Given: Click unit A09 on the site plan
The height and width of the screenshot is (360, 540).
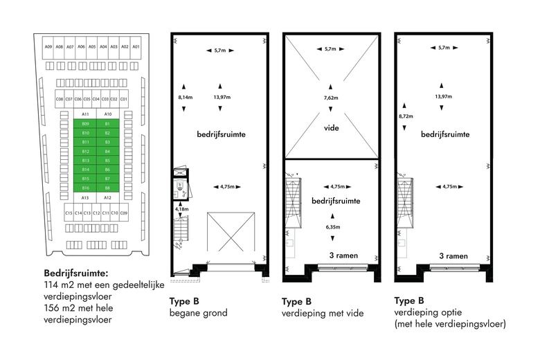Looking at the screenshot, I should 48,46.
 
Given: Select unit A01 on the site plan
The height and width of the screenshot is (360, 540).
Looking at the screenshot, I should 136,46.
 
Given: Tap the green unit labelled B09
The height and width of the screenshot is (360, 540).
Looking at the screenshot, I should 86,123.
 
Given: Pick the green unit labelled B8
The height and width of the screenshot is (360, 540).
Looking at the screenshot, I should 108,188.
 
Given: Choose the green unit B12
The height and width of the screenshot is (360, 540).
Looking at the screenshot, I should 86,151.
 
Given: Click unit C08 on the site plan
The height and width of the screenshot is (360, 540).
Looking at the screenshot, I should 60,99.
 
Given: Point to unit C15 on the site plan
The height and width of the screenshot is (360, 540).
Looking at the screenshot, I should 69,213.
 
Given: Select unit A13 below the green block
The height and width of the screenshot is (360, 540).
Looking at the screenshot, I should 86,197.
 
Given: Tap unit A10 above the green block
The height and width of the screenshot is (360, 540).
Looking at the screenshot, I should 108,114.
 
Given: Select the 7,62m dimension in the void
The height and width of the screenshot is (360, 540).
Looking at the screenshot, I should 331,98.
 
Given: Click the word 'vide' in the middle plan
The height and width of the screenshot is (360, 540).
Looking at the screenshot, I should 331,128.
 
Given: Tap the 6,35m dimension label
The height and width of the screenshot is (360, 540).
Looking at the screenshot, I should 331,226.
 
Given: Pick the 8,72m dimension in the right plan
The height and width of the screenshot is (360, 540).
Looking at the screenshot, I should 406,116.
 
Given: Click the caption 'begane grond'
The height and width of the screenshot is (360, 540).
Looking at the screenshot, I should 199,313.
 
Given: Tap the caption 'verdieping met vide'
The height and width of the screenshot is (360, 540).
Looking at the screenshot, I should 321,313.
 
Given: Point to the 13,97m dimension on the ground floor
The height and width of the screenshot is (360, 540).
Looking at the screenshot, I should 222,98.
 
